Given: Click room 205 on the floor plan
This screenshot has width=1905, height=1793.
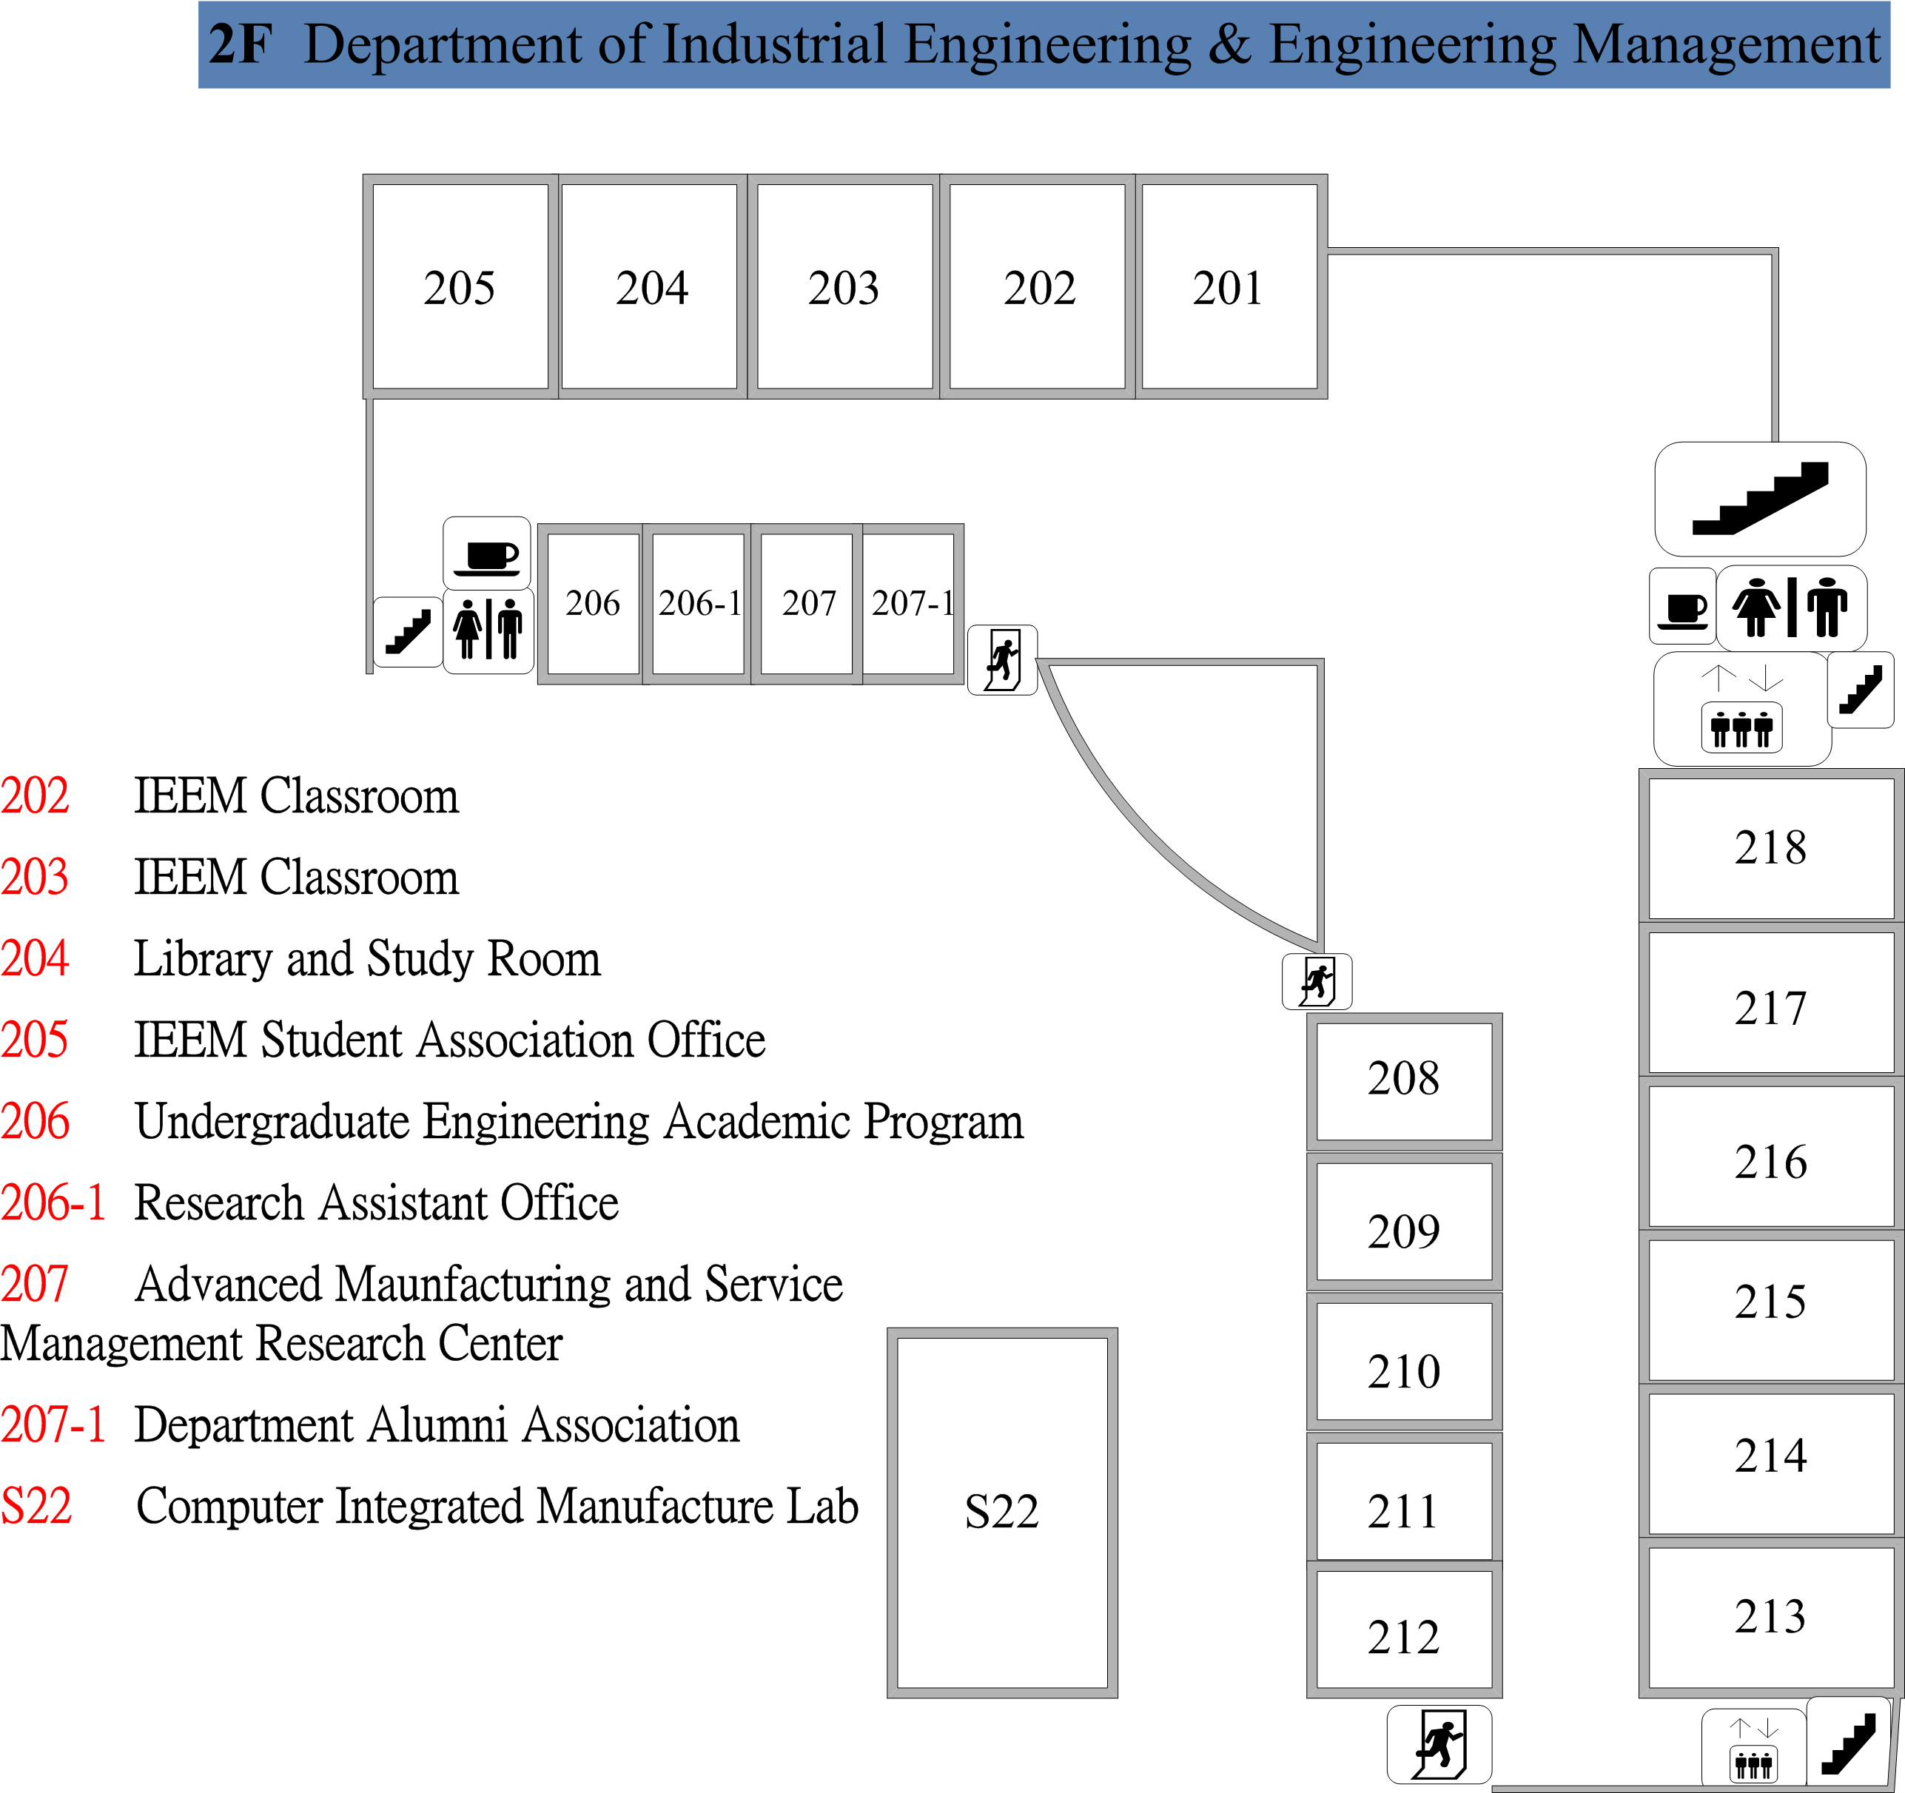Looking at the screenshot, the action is (x=460, y=286).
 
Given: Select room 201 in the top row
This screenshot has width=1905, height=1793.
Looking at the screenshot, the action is (x=1230, y=286).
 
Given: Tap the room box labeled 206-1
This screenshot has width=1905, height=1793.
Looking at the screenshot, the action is (x=698, y=604).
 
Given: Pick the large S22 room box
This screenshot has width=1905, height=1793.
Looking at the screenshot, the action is (x=1002, y=1513).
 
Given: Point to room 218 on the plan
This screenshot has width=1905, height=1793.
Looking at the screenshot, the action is (x=1771, y=847).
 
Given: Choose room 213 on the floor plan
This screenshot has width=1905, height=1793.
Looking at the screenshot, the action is (x=1771, y=1617).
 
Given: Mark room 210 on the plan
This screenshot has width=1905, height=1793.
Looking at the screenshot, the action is (x=1404, y=1361).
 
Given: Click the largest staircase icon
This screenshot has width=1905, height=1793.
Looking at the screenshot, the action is (x=1760, y=499).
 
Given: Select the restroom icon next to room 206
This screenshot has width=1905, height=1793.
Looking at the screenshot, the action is (x=488, y=630).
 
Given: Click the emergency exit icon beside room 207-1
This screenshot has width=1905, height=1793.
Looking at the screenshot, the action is (x=1002, y=660).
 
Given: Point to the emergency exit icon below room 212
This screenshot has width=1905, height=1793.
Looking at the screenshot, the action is (x=1439, y=1744).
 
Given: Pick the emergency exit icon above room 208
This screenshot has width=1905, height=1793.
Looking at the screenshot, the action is (x=1317, y=981).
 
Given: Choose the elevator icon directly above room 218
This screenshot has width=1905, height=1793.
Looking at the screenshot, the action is (x=1742, y=709).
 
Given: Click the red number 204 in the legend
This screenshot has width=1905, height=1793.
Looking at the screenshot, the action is (x=35, y=958).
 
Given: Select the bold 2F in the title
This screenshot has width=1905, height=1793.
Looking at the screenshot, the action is (x=241, y=44).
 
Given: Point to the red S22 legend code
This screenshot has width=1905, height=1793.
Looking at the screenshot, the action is (x=36, y=1505).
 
